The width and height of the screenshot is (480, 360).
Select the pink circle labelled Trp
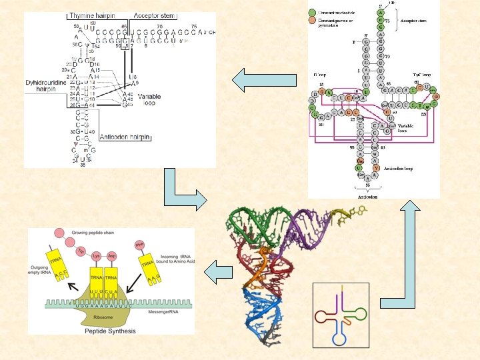coord(79,251)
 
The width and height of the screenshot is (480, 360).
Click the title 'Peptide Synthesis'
coord(111,331)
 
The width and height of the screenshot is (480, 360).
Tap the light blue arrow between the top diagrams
coord(263,81)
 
